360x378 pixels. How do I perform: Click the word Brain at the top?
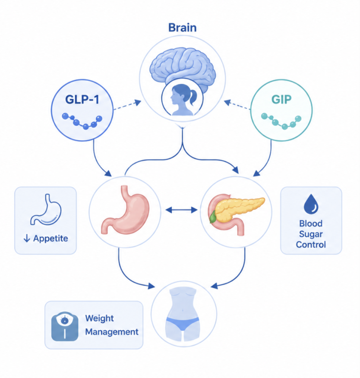click(x=182, y=28)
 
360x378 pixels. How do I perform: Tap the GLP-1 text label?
click(x=82, y=99)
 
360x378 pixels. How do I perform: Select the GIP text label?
click(x=281, y=99)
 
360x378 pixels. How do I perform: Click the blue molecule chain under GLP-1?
click(x=82, y=121)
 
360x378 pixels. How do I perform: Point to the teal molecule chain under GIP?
click(x=281, y=121)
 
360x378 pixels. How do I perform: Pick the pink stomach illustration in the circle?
click(x=125, y=210)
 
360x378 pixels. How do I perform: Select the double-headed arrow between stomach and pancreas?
click(x=181, y=210)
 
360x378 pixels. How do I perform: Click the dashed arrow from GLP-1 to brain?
click(x=127, y=105)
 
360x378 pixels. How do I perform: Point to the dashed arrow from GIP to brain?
click(x=237, y=105)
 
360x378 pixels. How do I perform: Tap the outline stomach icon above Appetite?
click(x=46, y=210)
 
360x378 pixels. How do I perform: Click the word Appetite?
click(x=51, y=239)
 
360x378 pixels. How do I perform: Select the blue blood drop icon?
click(x=311, y=204)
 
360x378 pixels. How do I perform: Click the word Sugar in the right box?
click(x=311, y=234)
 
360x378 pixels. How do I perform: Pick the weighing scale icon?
click(x=64, y=327)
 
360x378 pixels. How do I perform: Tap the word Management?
click(x=112, y=332)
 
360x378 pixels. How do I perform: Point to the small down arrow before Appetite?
click(x=27, y=239)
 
